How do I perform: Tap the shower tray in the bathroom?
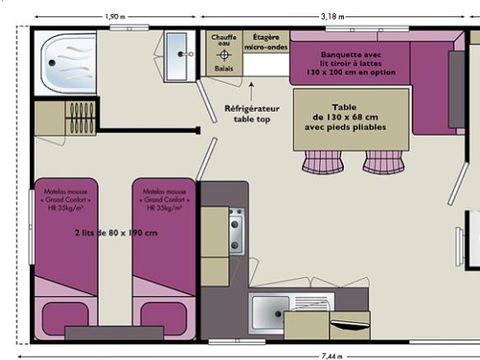pyautogui.click(x=65, y=63)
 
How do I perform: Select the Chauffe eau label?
pyautogui.click(x=222, y=41)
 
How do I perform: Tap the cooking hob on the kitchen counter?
pyautogui.click(x=236, y=231)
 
